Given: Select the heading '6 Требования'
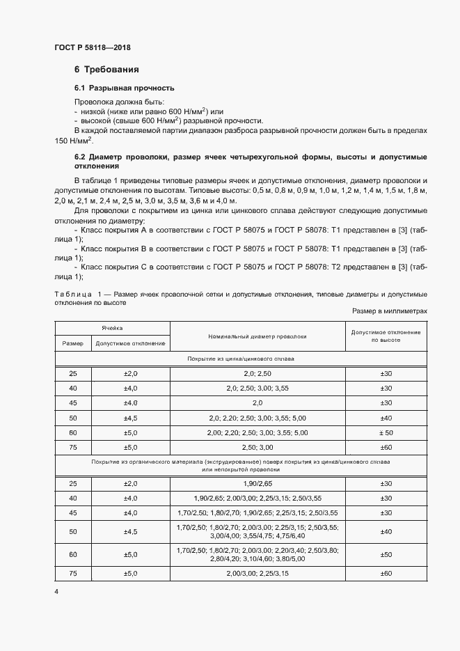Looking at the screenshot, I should [106, 70].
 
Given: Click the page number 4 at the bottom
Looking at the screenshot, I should [56, 591].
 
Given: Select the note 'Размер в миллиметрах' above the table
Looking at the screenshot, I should [389, 311].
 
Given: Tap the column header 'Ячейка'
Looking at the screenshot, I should [113, 326].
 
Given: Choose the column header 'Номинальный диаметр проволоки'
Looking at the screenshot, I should [257, 336].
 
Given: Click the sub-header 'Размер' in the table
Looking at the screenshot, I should [72, 343].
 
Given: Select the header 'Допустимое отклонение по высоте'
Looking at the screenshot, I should [385, 336].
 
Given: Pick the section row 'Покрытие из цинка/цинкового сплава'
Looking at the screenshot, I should [240, 359].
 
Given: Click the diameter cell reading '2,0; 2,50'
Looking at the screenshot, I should [257, 374].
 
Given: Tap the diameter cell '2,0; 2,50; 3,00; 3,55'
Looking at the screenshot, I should [257, 388].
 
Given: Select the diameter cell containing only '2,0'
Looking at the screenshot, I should [257, 402].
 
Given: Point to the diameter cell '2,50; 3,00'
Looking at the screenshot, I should [257, 446].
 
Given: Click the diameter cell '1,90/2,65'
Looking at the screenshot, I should [257, 483].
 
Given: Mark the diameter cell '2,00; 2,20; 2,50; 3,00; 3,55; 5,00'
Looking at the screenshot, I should [257, 432].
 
